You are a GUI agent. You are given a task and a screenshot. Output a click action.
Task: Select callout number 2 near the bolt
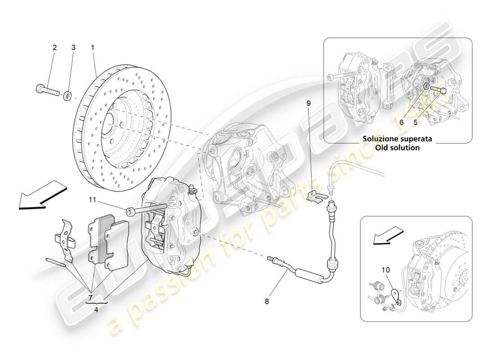coord(54,47)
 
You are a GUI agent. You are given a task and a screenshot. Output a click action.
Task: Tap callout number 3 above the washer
coord(73,47)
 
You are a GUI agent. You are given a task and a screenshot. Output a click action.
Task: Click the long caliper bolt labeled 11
coord(146,208)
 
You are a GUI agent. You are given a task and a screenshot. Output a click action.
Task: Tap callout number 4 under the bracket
coord(97,309)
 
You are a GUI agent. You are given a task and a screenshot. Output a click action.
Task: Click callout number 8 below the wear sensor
coord(266,302)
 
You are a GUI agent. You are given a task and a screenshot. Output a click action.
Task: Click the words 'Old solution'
coord(398,148)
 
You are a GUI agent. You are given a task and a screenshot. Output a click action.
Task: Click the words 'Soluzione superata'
coord(398,139)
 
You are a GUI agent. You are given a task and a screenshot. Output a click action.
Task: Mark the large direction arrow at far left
coord(42,195)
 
